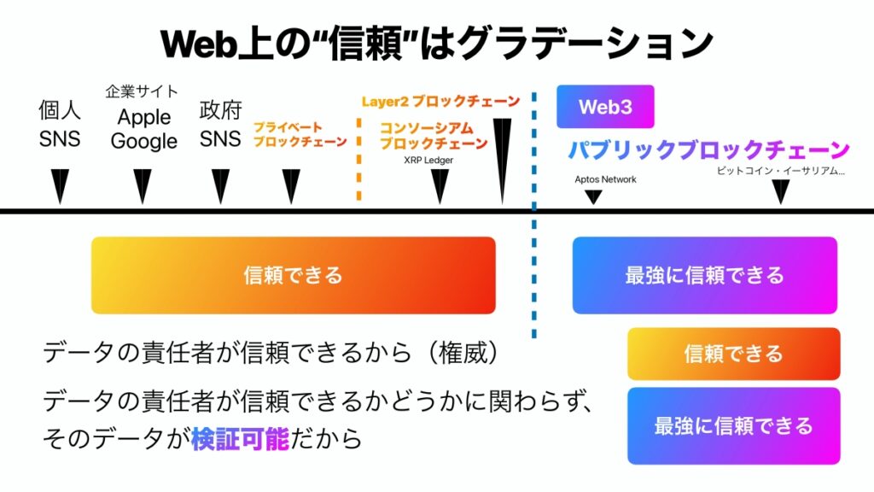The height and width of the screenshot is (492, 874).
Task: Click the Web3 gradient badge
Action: [x=605, y=107]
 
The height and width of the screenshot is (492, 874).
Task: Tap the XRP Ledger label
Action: [x=428, y=160]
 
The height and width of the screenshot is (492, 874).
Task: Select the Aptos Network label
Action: [x=605, y=179]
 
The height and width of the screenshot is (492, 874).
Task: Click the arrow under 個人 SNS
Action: [x=61, y=186]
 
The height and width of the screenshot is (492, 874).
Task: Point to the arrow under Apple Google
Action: [x=143, y=186]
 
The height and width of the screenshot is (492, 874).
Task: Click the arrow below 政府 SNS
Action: [x=221, y=186]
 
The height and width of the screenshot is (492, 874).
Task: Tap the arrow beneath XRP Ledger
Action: [x=440, y=186]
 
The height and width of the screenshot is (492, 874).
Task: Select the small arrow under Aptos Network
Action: [x=593, y=197]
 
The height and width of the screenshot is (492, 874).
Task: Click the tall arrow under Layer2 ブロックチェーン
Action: [x=502, y=161]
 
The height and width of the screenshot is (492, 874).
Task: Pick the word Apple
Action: [x=143, y=117]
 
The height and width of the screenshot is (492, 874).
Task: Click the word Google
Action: [x=143, y=141]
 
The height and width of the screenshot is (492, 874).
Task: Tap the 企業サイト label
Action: [x=142, y=91]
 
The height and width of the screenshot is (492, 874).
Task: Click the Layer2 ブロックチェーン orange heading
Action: [x=440, y=102]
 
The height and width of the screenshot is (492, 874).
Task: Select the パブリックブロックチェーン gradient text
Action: [x=708, y=150]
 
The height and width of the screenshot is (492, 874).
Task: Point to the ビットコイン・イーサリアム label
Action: [x=780, y=171]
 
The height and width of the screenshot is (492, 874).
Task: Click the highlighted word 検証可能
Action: [x=240, y=439]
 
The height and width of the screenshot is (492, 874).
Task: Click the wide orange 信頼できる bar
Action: [x=294, y=275]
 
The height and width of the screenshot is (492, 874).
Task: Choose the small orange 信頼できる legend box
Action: [x=733, y=354]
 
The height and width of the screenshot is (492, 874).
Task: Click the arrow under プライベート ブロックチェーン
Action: [x=291, y=186]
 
